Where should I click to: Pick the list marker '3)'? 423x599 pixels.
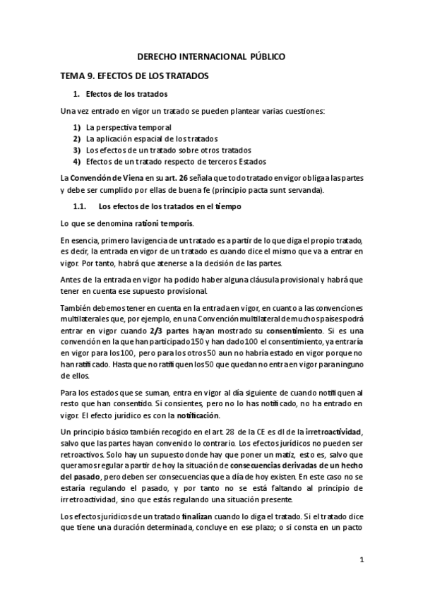76,150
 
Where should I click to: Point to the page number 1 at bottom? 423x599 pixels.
362,560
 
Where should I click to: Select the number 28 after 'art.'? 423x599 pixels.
230,432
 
